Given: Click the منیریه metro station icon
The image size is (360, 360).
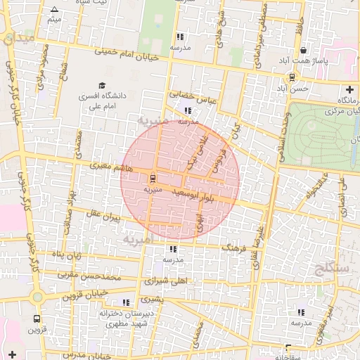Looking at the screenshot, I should (153, 178).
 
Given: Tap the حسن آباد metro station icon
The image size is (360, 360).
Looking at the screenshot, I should (292, 77).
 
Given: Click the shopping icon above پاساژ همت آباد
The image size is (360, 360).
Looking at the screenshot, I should (303, 51).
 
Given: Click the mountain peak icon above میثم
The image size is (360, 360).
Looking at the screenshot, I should (55, 9).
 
